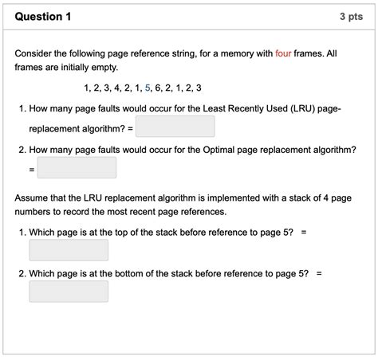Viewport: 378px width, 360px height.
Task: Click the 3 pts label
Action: click(x=352, y=16)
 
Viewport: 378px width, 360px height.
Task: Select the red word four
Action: click(x=283, y=53)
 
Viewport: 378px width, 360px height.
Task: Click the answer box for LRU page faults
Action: click(x=175, y=127)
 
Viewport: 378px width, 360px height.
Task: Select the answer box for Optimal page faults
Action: click(x=77, y=168)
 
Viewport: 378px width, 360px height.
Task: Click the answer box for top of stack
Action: click(x=69, y=250)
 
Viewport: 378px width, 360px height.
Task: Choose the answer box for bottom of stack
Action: click(x=69, y=292)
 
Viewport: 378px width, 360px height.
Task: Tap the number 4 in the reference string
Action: click(x=117, y=88)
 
